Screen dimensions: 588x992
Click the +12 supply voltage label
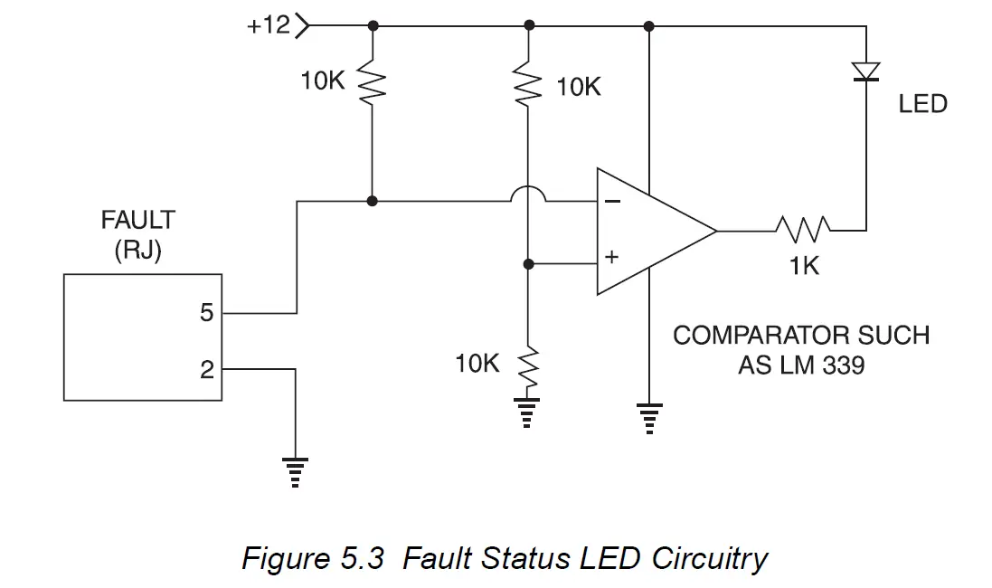coord(269,25)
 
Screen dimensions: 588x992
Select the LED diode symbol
coord(866,71)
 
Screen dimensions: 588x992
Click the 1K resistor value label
coord(802,268)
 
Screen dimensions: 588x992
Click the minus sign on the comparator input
coord(612,201)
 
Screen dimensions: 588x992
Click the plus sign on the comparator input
coord(611,258)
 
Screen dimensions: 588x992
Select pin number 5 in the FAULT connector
coord(206,313)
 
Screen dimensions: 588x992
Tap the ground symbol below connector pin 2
coord(295,471)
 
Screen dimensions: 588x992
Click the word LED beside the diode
coord(922,104)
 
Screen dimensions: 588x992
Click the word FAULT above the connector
coord(137,220)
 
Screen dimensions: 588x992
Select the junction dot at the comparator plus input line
coord(528,264)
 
